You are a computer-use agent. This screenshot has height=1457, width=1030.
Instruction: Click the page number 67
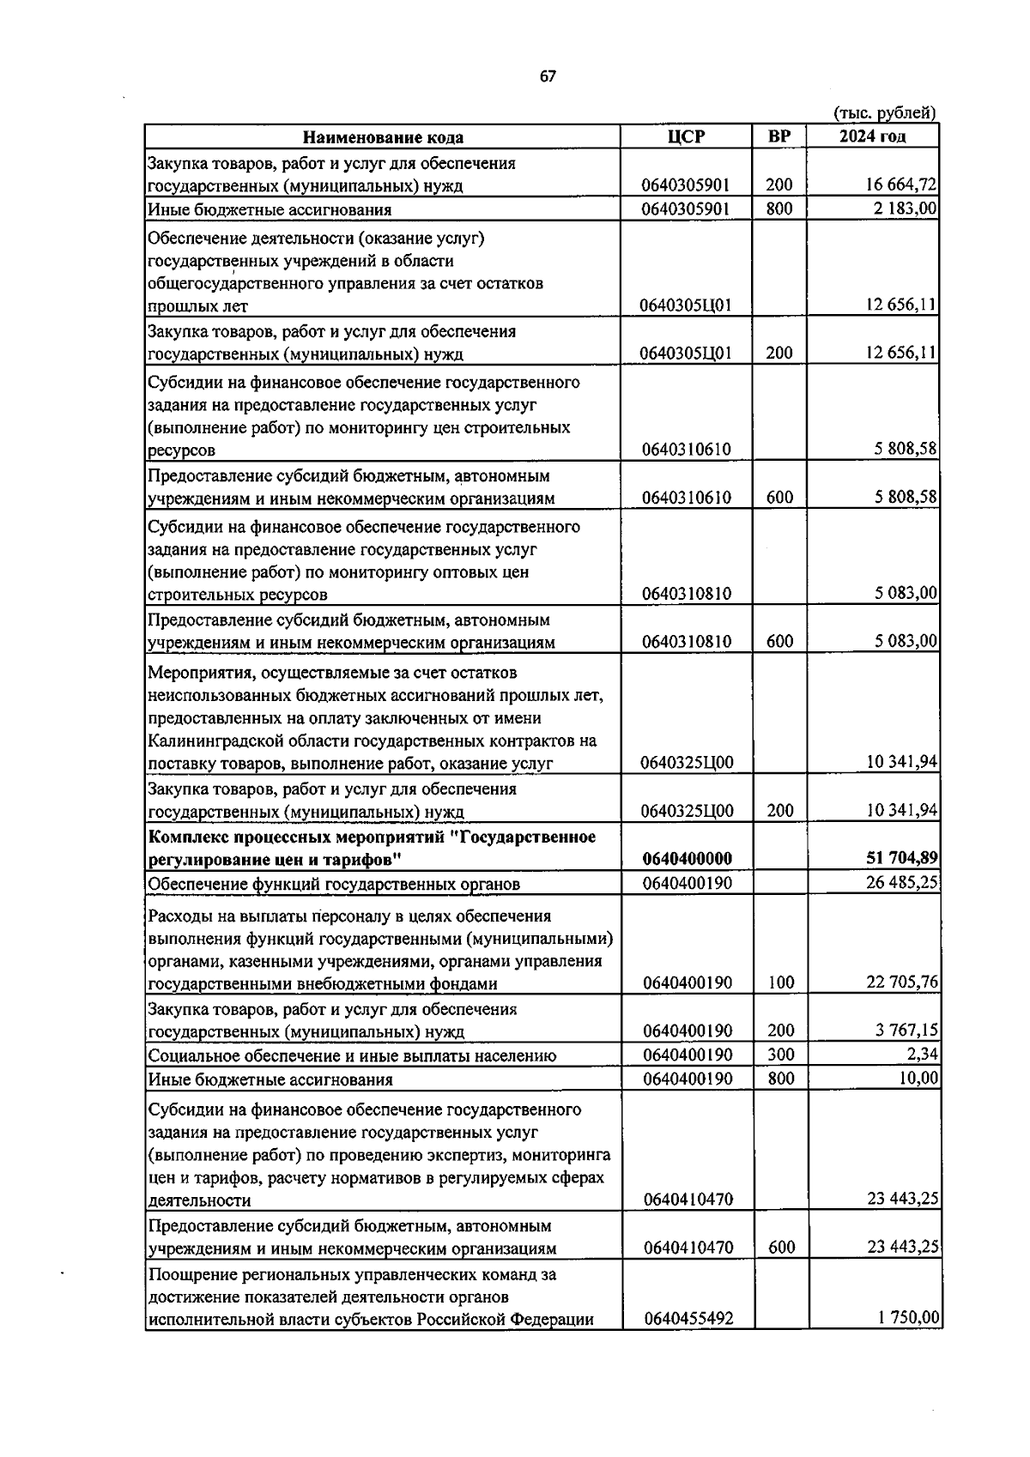548,76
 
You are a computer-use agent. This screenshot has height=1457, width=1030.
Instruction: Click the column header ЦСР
686,136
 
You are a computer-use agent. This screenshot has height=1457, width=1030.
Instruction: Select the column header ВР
779,136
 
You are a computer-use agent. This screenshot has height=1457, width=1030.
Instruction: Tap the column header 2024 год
872,136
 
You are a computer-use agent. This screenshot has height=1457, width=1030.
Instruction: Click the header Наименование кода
383,137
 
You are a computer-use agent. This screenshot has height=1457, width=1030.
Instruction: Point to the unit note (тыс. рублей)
885,112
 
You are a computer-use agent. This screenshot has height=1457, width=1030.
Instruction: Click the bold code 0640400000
687,859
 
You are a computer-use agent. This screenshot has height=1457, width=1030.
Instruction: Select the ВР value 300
780,1055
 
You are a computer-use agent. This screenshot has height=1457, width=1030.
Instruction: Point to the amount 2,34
924,1055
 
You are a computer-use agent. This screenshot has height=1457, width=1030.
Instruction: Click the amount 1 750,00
909,1318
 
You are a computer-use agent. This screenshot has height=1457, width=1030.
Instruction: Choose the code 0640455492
688,1319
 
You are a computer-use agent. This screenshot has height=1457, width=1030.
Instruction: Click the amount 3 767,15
906,1031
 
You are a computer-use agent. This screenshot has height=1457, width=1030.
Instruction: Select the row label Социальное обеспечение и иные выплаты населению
352,1055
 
